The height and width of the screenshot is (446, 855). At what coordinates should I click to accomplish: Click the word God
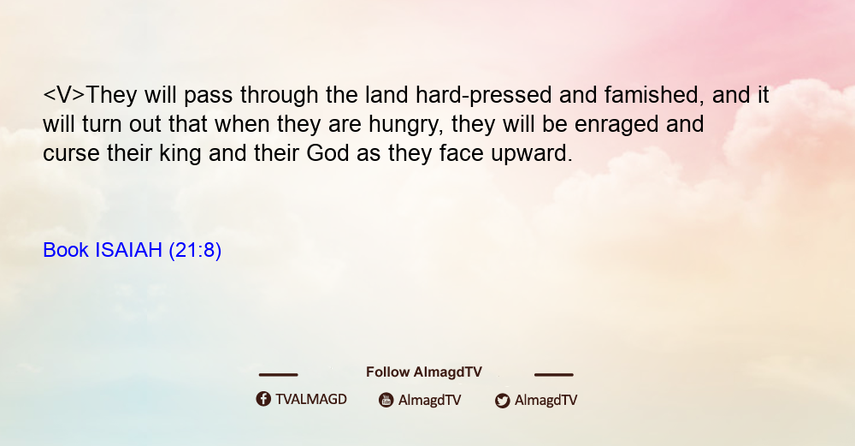[327, 153]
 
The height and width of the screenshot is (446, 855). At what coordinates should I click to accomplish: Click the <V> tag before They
[64, 96]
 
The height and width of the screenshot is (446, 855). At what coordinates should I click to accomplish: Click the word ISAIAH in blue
[129, 250]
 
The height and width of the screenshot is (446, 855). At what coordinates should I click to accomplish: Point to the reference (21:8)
[195, 251]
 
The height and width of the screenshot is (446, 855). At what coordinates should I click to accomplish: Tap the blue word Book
[66, 250]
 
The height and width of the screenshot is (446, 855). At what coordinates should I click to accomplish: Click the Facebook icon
[263, 399]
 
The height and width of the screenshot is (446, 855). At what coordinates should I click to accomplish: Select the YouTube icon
[386, 400]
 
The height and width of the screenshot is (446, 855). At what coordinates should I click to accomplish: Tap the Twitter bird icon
[502, 401]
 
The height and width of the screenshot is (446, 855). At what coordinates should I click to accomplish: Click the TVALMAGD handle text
[311, 400]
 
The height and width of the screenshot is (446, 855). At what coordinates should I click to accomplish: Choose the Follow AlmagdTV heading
[424, 372]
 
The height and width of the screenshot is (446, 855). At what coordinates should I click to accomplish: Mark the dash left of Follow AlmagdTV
[278, 375]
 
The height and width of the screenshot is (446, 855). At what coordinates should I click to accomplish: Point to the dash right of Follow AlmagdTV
[554, 375]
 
